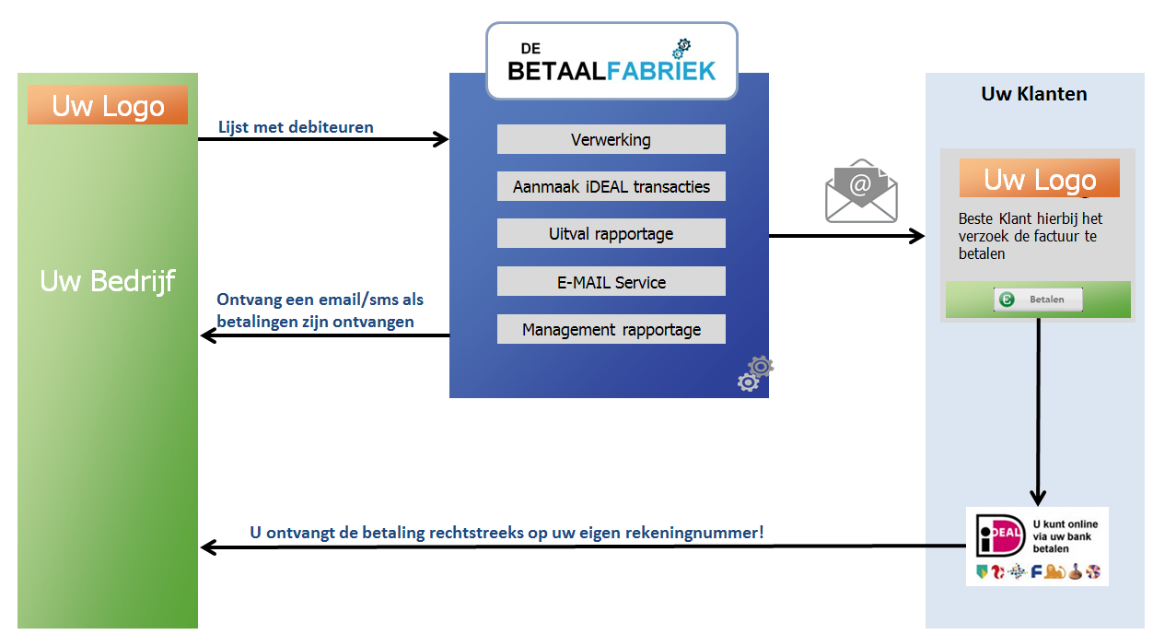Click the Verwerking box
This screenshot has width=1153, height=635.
coord(611,139)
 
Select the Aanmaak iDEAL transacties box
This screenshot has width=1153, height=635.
coord(611,186)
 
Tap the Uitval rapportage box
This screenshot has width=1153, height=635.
coord(611,233)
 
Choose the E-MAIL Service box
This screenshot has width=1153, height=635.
coord(611,281)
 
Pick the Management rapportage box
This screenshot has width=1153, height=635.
coord(611,329)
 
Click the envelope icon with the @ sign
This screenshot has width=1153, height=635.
coord(861,191)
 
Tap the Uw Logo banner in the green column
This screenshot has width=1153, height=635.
coord(108,105)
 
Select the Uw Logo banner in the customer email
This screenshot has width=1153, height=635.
coord(1039,178)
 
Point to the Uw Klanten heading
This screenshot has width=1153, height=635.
coord(1033,94)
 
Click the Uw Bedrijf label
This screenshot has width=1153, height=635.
coord(108,282)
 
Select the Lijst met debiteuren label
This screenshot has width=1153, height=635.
coord(296,127)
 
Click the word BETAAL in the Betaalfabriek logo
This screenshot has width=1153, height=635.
coord(556,71)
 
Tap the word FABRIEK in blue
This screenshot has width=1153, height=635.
coord(661,71)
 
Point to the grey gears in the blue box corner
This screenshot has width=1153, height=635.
coord(755,373)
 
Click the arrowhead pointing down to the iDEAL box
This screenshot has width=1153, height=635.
coord(1038,498)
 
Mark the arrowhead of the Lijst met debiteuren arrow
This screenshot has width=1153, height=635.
coord(440,139)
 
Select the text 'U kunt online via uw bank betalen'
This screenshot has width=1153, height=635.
coord(1065,536)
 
